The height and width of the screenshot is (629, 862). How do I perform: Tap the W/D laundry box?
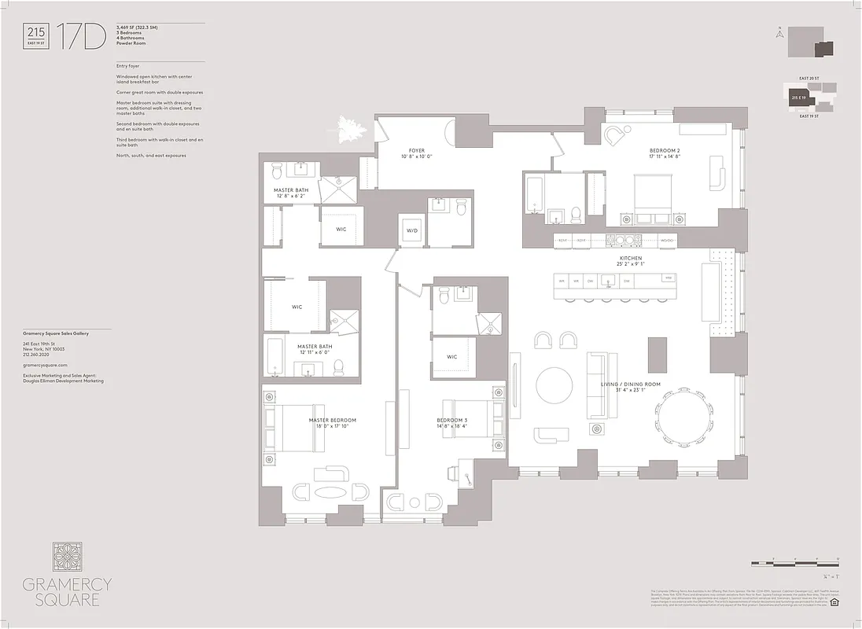coord(412,230)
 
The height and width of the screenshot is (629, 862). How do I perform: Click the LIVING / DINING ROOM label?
coord(631,385)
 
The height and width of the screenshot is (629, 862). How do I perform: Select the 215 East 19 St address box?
coord(37,35)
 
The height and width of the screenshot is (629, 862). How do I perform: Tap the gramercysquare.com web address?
coord(46,365)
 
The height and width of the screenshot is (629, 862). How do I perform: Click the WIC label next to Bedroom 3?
coord(452,357)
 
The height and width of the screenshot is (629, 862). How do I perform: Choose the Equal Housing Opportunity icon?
coord(834,603)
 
